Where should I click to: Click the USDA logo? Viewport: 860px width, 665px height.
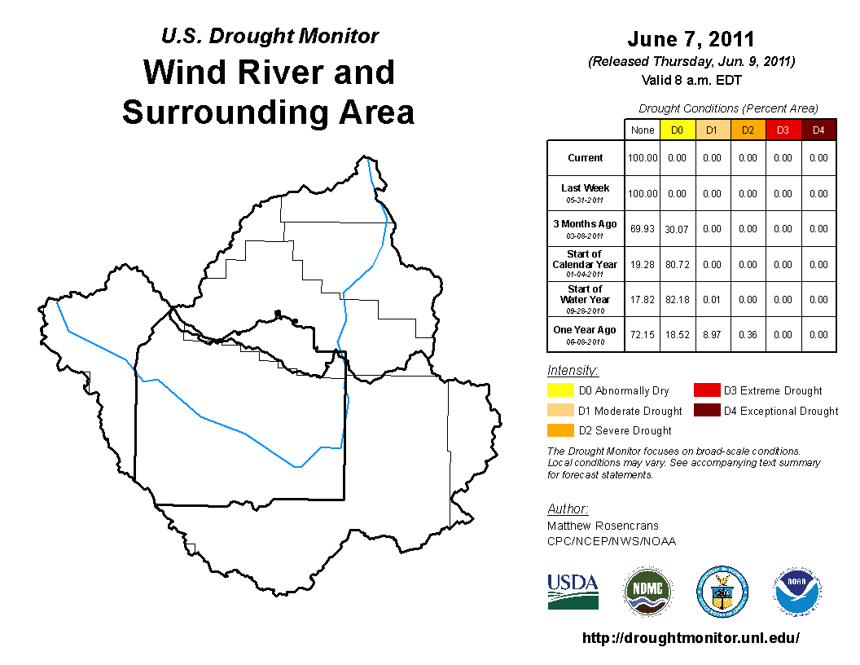pos(573,592)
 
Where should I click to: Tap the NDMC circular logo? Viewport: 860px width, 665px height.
pos(647,592)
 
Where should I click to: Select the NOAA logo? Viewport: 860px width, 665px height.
pos(797,592)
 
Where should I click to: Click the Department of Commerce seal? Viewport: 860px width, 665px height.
pos(722,592)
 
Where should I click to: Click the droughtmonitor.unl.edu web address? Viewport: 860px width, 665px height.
pos(691,638)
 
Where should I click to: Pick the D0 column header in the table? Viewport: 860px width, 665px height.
pos(678,130)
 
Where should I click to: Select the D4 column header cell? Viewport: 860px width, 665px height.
pos(818,130)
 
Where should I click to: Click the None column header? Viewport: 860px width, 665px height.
pos(643,130)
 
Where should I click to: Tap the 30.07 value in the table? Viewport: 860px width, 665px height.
pos(677,229)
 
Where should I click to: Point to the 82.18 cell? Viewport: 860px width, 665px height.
pos(678,300)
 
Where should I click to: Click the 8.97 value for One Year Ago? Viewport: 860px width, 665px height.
pos(712,335)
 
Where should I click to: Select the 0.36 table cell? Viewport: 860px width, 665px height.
pos(748,335)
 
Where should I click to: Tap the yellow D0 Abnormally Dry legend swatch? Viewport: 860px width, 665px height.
pos(560,390)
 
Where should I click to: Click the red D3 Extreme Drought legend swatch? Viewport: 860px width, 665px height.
pos(707,390)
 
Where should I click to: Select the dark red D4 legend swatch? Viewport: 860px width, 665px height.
pos(707,411)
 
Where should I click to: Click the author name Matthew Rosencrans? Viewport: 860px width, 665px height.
pos(603,526)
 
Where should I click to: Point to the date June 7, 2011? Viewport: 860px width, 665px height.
pos(691,39)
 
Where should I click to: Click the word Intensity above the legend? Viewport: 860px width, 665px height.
pos(573,370)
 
